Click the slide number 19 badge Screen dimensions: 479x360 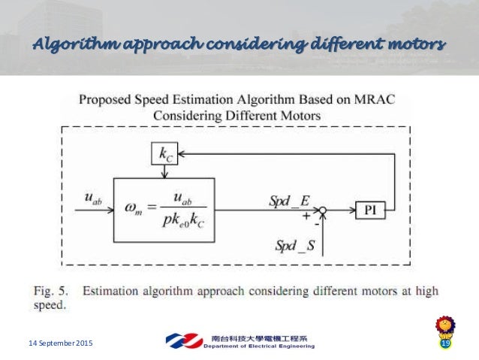[444, 343]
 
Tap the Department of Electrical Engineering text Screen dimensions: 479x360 [258, 346]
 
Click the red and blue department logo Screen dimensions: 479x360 [182, 341]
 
